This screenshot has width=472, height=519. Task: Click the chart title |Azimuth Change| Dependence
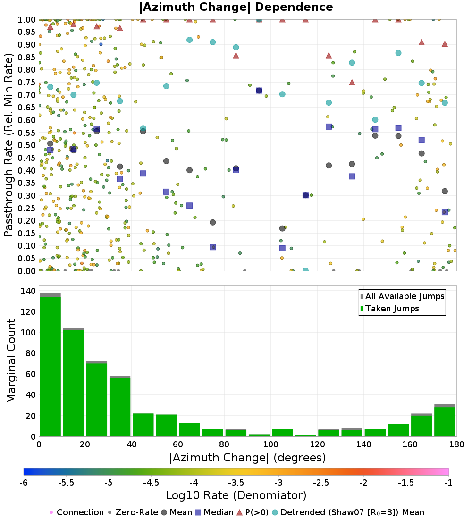pyautogui.click(x=236, y=8)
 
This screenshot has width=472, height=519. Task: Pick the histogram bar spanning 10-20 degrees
pyautogui.click(x=73, y=382)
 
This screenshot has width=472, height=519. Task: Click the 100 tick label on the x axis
pyautogui.click(x=270, y=444)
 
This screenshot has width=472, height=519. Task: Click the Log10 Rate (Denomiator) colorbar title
pyautogui.click(x=236, y=495)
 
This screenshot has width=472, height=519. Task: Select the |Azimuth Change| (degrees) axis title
pyautogui.click(x=247, y=458)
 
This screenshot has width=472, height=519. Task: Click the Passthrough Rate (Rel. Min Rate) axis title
pyautogui.click(x=8, y=145)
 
